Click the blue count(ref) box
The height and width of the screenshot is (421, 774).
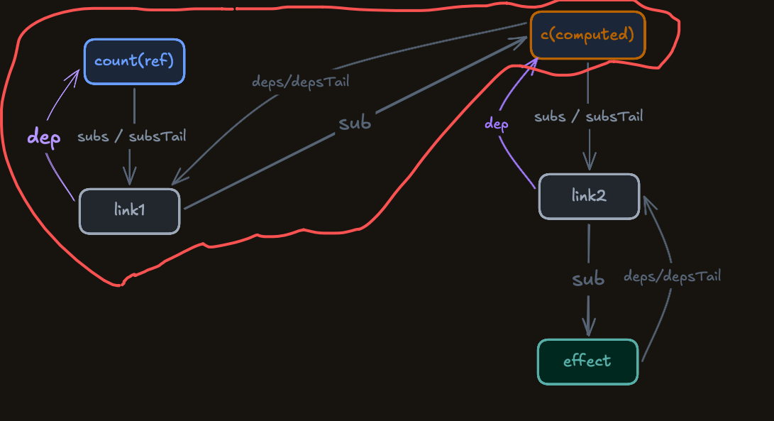(134, 62)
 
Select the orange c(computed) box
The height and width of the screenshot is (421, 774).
(588, 35)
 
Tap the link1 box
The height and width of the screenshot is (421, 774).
(130, 211)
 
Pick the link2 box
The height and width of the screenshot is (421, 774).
(589, 197)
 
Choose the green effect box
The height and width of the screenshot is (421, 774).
(588, 361)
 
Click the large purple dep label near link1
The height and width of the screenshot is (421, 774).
(44, 137)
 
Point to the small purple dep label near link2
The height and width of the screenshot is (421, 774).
(496, 124)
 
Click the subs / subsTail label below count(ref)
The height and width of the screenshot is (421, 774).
(132, 136)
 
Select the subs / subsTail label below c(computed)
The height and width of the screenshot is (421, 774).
(588, 116)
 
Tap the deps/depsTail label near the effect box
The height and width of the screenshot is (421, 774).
(673, 276)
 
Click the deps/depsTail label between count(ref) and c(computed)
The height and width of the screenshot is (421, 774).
(301, 82)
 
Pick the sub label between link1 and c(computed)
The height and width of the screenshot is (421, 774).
(355, 123)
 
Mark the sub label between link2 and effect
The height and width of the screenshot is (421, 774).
(588, 279)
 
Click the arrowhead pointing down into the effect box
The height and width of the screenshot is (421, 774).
(588, 328)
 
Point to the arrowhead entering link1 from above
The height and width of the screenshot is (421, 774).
(130, 177)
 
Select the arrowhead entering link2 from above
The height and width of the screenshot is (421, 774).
(590, 162)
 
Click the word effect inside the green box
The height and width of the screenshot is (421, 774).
(587, 361)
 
